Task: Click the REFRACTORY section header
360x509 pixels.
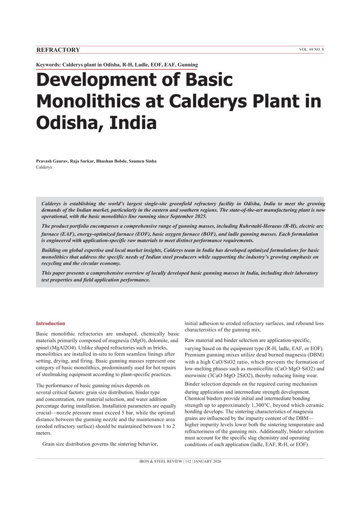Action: tap(58, 50)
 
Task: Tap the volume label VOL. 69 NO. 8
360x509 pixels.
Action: tap(311, 50)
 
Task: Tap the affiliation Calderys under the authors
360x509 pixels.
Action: tap(44, 167)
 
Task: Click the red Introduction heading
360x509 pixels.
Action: tap(51, 323)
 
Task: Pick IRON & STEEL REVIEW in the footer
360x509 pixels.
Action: tap(159, 461)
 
